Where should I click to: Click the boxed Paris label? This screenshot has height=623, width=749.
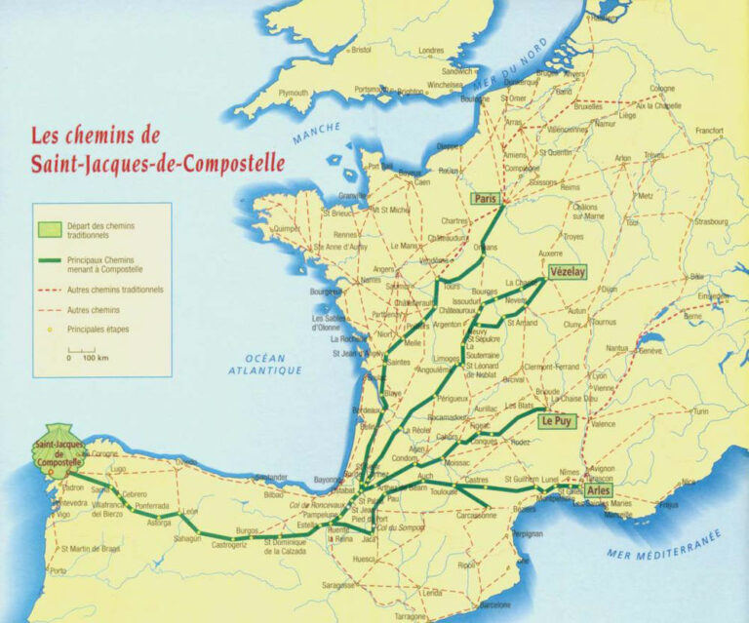pyautogui.click(x=485, y=199)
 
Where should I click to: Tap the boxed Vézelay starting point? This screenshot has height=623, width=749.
pyautogui.click(x=567, y=272)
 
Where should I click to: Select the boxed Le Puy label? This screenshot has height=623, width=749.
pyautogui.click(x=557, y=421)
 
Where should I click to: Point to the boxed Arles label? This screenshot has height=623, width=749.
pyautogui.click(x=599, y=490)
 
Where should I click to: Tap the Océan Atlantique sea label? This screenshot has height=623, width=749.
pyautogui.click(x=264, y=364)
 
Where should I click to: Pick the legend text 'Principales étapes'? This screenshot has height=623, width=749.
pyautogui.click(x=98, y=329)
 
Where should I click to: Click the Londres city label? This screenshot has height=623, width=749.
pyautogui.click(x=431, y=51)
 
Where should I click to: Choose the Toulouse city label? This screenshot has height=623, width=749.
pyautogui.click(x=444, y=493)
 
